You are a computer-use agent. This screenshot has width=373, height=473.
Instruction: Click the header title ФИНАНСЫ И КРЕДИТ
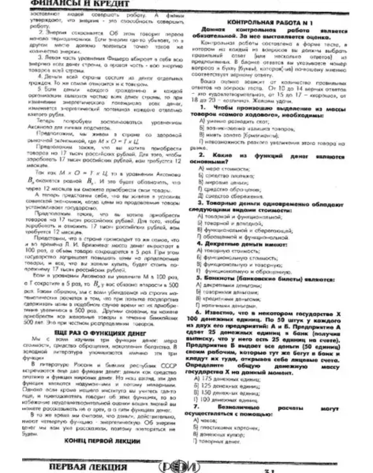point(80,4)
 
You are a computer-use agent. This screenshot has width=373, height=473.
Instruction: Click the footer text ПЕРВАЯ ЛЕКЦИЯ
point(88,467)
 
